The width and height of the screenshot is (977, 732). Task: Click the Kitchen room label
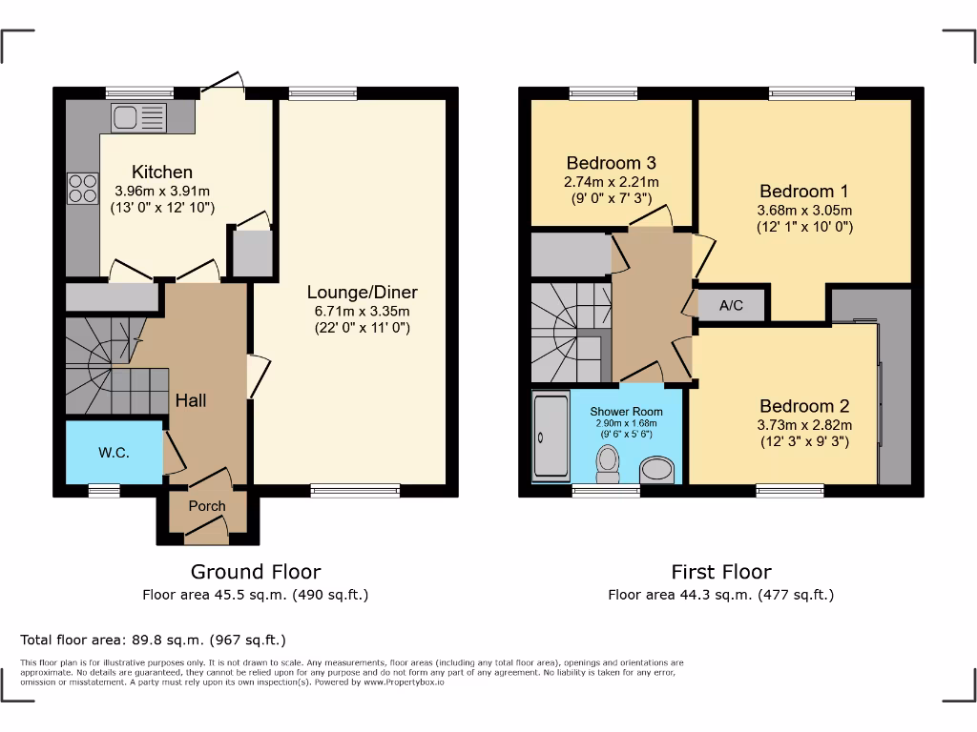coord(161,173)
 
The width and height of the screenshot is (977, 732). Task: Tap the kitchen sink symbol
coord(138,118)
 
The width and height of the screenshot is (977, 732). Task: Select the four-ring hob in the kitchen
coord(82,188)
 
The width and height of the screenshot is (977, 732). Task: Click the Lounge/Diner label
coord(363,293)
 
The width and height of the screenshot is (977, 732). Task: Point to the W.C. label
coord(114,453)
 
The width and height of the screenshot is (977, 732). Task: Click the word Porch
coord(207,506)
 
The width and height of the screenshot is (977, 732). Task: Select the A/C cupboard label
coord(731,306)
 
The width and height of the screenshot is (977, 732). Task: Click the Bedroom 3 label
coord(612,164)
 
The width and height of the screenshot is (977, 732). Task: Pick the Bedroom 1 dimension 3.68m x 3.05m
coord(804,211)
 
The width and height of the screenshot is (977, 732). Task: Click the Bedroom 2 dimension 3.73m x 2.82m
coord(804,425)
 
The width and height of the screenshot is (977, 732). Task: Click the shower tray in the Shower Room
coord(550,437)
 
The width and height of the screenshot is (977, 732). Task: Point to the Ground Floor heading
coord(256,572)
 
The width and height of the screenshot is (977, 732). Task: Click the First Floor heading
coord(720,572)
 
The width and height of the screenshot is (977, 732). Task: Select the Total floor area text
coord(153,640)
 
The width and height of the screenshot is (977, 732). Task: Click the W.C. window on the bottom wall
coord(104,491)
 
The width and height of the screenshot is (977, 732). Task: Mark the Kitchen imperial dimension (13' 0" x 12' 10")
coord(161,207)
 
